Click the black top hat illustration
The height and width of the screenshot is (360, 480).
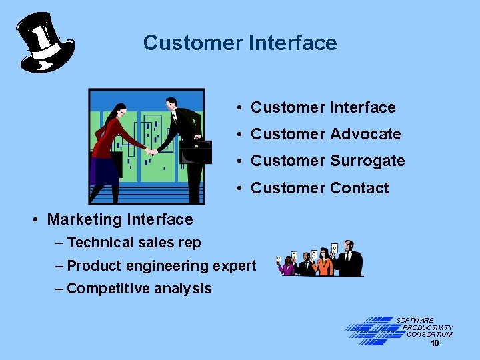click(x=44, y=42)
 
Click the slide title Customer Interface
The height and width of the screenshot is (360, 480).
click(x=240, y=43)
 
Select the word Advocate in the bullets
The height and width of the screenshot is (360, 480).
click(x=365, y=134)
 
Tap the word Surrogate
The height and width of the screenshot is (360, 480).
click(x=367, y=161)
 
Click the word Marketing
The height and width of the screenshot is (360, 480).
click(x=83, y=219)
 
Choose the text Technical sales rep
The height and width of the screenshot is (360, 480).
click(x=134, y=243)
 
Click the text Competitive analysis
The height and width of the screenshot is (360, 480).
click(x=139, y=289)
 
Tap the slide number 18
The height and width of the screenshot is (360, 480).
click(x=435, y=343)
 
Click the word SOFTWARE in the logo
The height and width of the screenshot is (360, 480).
click(x=415, y=321)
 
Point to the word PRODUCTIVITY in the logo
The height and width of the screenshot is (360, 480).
click(x=427, y=327)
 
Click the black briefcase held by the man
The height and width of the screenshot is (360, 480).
click(x=195, y=151)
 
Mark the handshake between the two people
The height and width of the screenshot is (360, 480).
click(x=152, y=152)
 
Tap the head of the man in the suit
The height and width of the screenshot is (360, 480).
click(x=171, y=104)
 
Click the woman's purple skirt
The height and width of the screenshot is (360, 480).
click(x=105, y=171)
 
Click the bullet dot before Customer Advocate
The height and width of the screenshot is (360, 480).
click(x=238, y=135)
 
